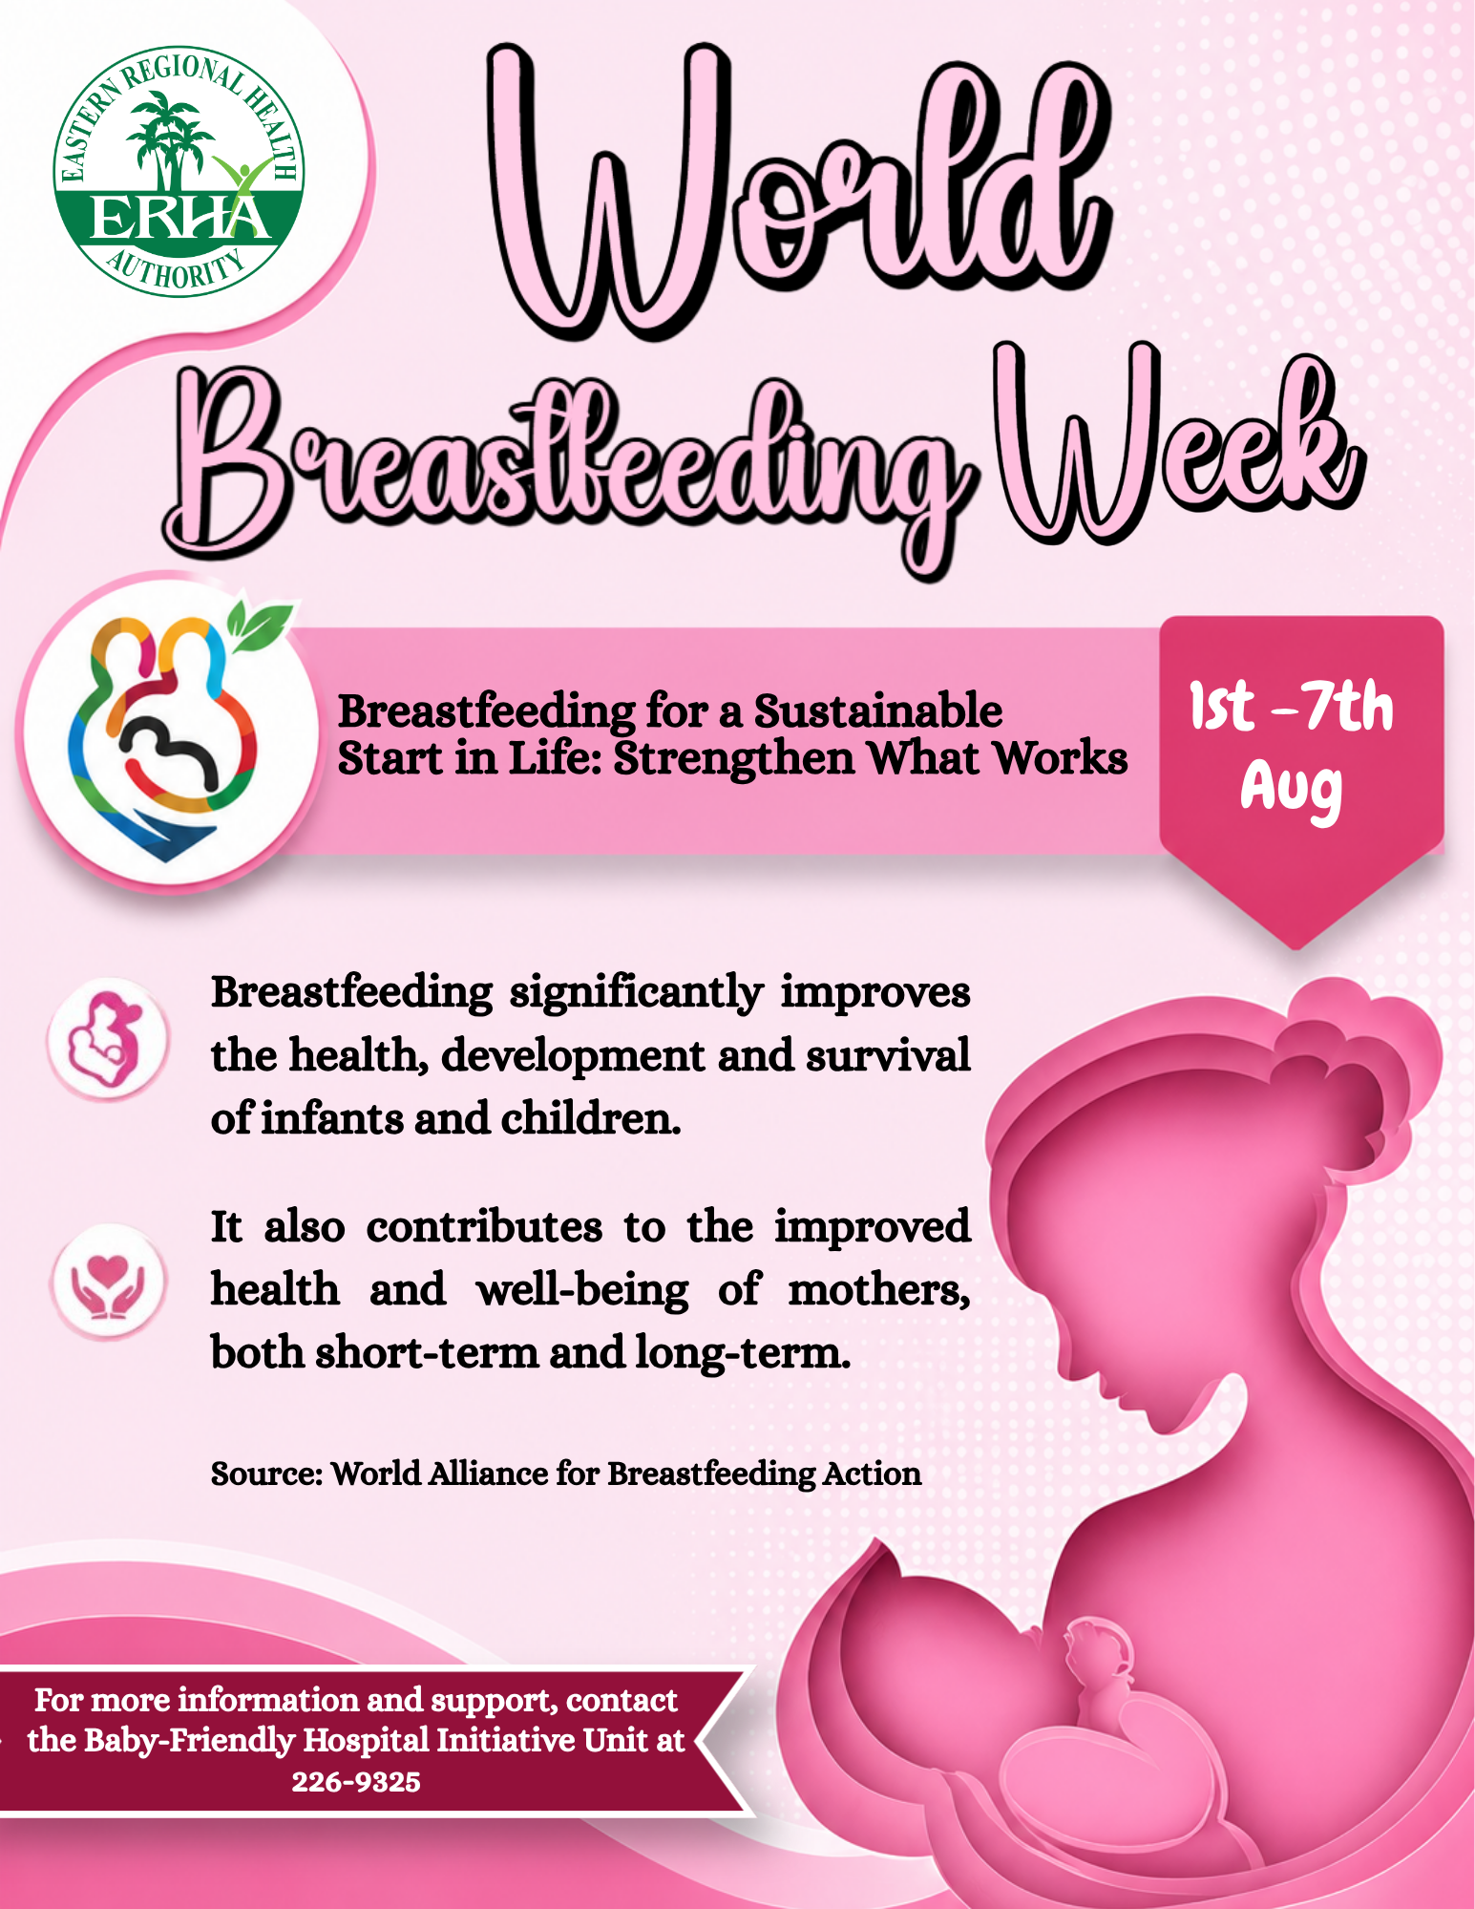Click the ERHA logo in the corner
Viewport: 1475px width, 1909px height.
pos(179,172)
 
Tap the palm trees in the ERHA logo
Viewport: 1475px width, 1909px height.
pos(170,143)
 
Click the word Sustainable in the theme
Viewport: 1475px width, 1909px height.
pos(877,711)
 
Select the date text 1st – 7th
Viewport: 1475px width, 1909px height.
pos(1291,708)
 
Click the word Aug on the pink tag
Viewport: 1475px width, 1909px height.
pos(1291,791)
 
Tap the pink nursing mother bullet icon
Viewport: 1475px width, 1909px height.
pos(107,1038)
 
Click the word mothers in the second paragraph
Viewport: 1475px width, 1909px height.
pos(878,1290)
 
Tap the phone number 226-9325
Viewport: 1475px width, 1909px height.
pos(356,1782)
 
